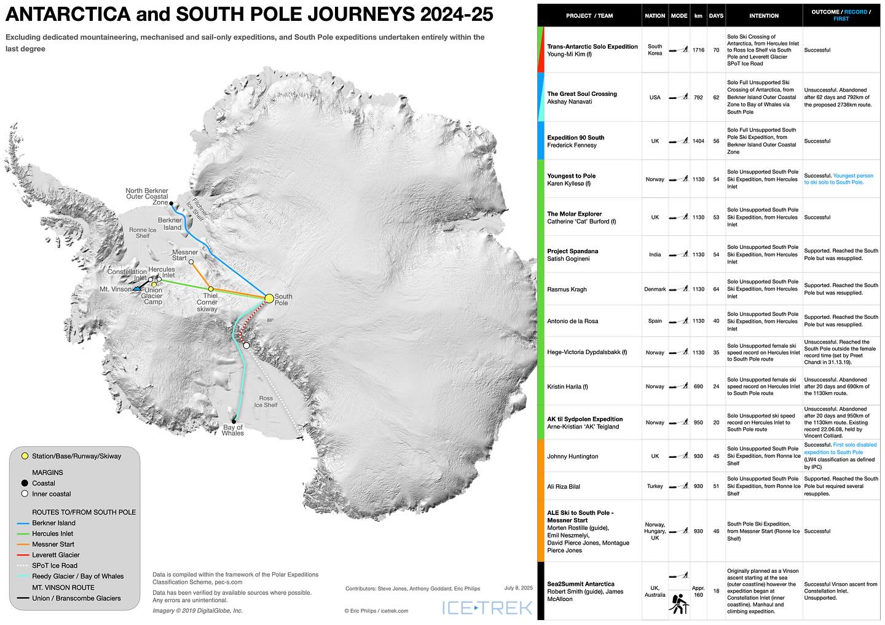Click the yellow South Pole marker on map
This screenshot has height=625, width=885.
coord(269,298)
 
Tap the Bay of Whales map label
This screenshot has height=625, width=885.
coord(233,430)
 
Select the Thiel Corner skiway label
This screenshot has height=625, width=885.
coord(207,302)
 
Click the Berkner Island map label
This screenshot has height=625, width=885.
coord(170,224)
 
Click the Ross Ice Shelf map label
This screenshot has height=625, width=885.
coord(266,401)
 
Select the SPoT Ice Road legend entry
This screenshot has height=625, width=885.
coord(55,565)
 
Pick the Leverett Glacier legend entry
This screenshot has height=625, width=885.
coord(56,555)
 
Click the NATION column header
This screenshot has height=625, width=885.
coord(655,16)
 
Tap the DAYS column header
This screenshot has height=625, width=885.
coord(716,16)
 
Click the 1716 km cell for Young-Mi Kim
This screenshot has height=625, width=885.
coord(698,50)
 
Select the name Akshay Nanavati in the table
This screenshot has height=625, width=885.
coord(573,102)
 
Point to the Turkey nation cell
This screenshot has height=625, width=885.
coord(655,486)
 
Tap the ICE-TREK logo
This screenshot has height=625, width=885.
coord(487,608)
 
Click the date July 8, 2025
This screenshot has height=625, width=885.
coord(517,588)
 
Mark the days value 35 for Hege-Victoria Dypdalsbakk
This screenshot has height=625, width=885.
coord(716,353)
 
